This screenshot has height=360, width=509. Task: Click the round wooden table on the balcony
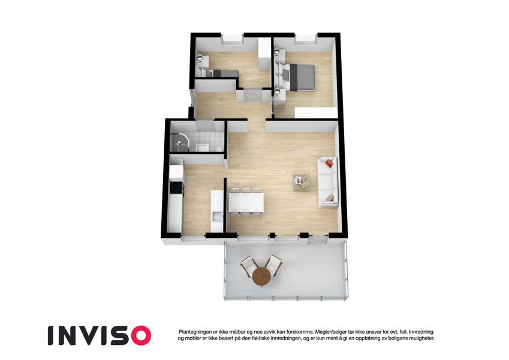click(x=261, y=277)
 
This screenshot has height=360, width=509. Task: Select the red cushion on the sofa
click(x=329, y=163)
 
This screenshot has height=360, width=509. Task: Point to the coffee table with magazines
click(x=301, y=183)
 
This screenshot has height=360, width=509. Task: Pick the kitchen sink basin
click(x=216, y=216)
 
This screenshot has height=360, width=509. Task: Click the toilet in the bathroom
click(x=219, y=148)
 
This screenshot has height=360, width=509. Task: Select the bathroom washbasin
click(x=203, y=147)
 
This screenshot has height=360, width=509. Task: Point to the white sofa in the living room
click(x=328, y=182)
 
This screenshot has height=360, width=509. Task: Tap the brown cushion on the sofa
click(x=330, y=197)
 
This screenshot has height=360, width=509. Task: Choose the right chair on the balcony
click(x=273, y=265)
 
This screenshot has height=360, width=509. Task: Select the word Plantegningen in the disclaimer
click(x=195, y=332)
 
